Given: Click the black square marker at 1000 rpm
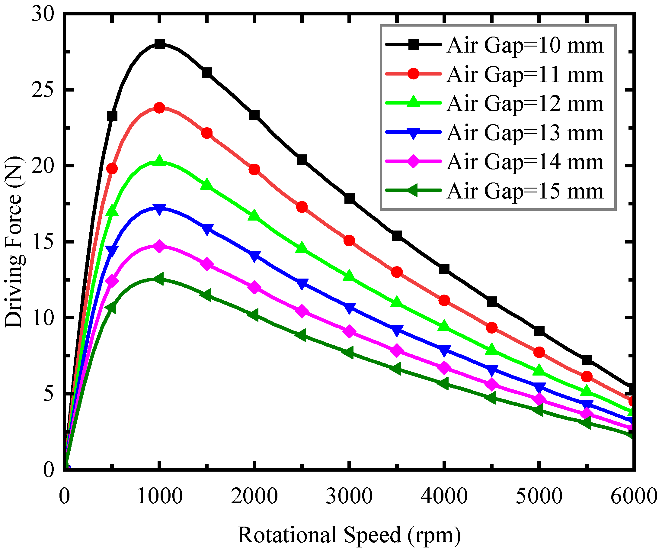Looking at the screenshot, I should (159, 44).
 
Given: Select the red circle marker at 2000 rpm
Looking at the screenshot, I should (254, 169).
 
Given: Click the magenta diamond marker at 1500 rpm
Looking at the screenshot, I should (207, 264).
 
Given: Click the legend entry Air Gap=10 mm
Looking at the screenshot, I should (525, 45).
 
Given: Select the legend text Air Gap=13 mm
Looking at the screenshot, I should (525, 133).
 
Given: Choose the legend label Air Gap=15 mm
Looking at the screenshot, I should (525, 191).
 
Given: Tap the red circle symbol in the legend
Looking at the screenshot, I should (413, 74).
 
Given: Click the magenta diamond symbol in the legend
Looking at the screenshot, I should (413, 161).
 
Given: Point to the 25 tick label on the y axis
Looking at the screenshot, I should (43, 90).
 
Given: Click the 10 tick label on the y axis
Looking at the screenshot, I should (43, 318).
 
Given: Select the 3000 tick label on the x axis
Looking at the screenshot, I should (349, 496).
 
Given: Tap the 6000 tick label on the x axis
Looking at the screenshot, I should (634, 496).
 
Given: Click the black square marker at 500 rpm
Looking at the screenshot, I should (112, 116).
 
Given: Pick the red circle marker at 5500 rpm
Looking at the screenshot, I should (586, 376).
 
